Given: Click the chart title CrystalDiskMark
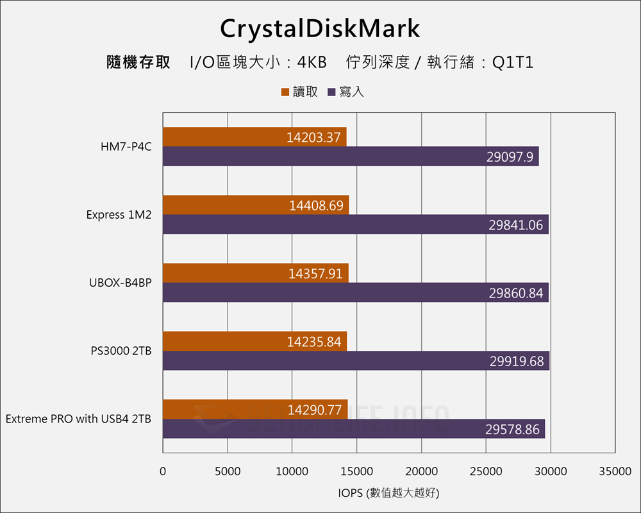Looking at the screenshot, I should (320, 29).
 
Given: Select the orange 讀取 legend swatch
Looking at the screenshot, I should (285, 92).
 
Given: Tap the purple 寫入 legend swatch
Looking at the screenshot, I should (331, 92).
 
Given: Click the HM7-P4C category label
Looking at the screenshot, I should (126, 147).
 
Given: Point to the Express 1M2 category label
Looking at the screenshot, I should (119, 215).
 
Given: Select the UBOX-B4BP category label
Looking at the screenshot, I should (121, 283).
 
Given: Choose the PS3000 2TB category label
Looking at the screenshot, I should (121, 351).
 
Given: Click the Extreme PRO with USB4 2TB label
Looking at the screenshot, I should (78, 419).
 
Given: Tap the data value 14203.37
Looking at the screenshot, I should (313, 137).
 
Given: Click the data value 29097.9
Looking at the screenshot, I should (510, 157).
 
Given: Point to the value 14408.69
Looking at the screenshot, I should (316, 206).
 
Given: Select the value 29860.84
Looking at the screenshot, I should (516, 293).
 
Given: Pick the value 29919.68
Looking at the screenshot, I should (517, 362).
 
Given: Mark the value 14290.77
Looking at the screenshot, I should (315, 410).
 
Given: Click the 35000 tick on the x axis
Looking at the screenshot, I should (615, 471).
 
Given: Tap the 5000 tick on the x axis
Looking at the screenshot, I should (228, 471).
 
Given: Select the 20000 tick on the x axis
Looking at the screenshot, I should (421, 471).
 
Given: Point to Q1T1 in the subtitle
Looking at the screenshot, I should (513, 63).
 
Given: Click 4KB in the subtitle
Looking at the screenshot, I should (312, 63).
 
